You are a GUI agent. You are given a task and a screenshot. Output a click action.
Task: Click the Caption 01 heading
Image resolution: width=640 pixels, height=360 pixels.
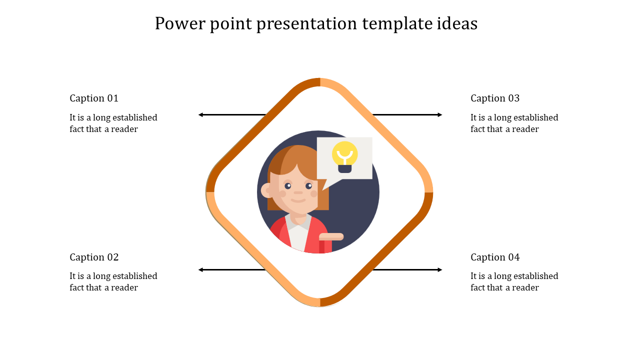pos(94,98)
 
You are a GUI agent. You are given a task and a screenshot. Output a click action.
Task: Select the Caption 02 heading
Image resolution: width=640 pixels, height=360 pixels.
pos(94,257)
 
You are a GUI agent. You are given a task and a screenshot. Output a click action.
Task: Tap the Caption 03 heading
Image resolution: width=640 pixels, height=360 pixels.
pos(495,98)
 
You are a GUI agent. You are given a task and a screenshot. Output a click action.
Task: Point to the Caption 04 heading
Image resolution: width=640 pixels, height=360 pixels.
pos(495,257)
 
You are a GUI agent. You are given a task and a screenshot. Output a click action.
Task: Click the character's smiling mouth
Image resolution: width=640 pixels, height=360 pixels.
pos(298,200)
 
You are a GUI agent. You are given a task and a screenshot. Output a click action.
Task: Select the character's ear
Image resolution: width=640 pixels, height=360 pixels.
pos(266,190)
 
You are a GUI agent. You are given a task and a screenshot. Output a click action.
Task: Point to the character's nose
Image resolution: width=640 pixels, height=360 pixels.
pos(298,192)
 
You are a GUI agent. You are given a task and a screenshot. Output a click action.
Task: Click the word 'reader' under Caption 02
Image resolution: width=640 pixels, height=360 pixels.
pos(124,288)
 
